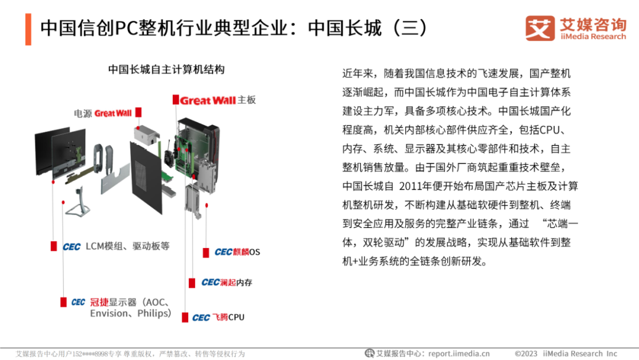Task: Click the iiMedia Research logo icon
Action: (540, 28)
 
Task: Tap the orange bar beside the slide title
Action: (28, 30)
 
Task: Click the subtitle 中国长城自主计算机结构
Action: (166, 69)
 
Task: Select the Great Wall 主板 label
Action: (214, 100)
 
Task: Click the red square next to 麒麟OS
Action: (206, 252)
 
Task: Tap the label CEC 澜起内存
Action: (227, 282)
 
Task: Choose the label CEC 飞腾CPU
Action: (218, 317)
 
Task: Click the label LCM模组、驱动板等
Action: (128, 246)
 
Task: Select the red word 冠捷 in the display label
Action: (99, 302)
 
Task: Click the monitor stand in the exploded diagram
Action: (78, 202)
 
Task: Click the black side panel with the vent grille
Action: (146, 178)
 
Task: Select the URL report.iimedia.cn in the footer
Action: (459, 353)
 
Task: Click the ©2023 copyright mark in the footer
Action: (526, 353)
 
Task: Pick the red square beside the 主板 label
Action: (176, 100)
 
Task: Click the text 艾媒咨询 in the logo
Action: (593, 24)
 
